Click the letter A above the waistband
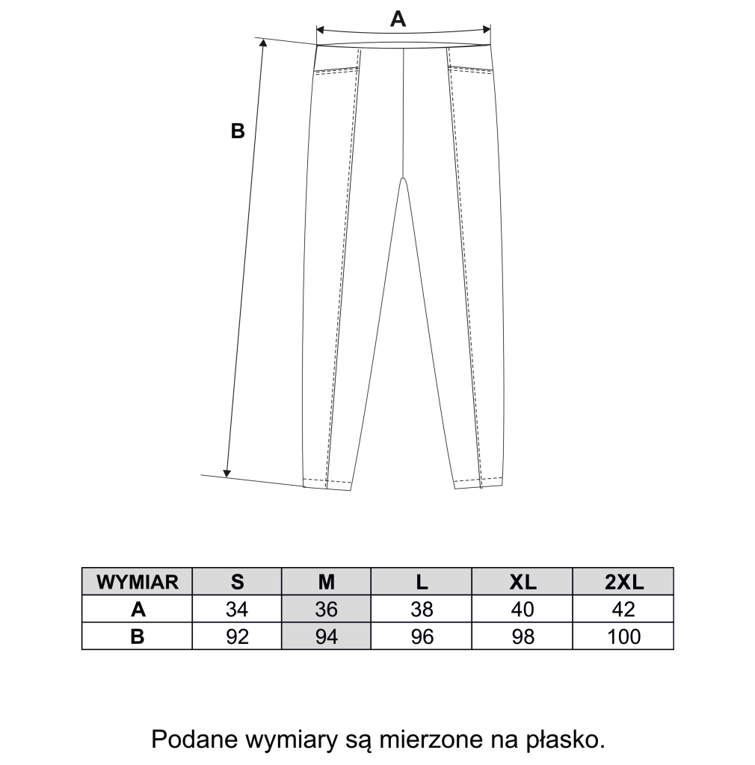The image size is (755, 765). (398, 19)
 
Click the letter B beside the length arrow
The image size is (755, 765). (238, 131)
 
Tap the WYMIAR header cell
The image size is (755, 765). (138, 583)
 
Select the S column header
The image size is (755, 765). (237, 583)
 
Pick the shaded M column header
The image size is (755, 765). (327, 583)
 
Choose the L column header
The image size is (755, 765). (422, 583)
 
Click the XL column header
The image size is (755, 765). (523, 583)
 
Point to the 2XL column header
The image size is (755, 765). (623, 583)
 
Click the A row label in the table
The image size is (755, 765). (138, 610)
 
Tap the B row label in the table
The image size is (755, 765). (138, 637)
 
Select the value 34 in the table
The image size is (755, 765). (237, 610)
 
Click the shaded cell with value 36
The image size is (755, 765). (327, 610)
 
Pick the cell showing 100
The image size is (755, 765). (623, 637)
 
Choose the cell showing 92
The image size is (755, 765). (237, 637)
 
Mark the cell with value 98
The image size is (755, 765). (523, 637)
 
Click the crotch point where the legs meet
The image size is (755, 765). (404, 179)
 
